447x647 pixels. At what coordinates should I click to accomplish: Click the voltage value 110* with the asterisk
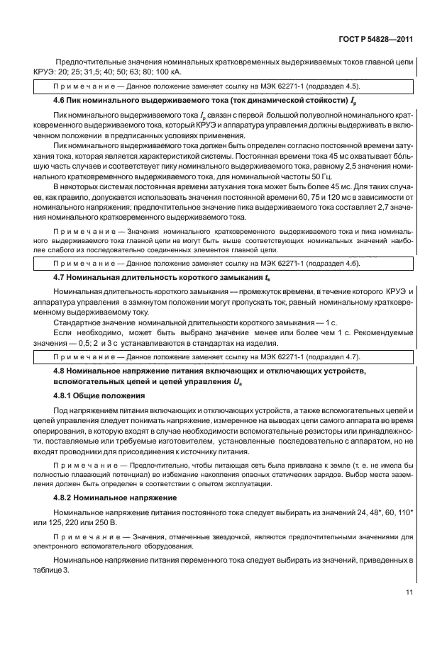coord(406,512)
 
